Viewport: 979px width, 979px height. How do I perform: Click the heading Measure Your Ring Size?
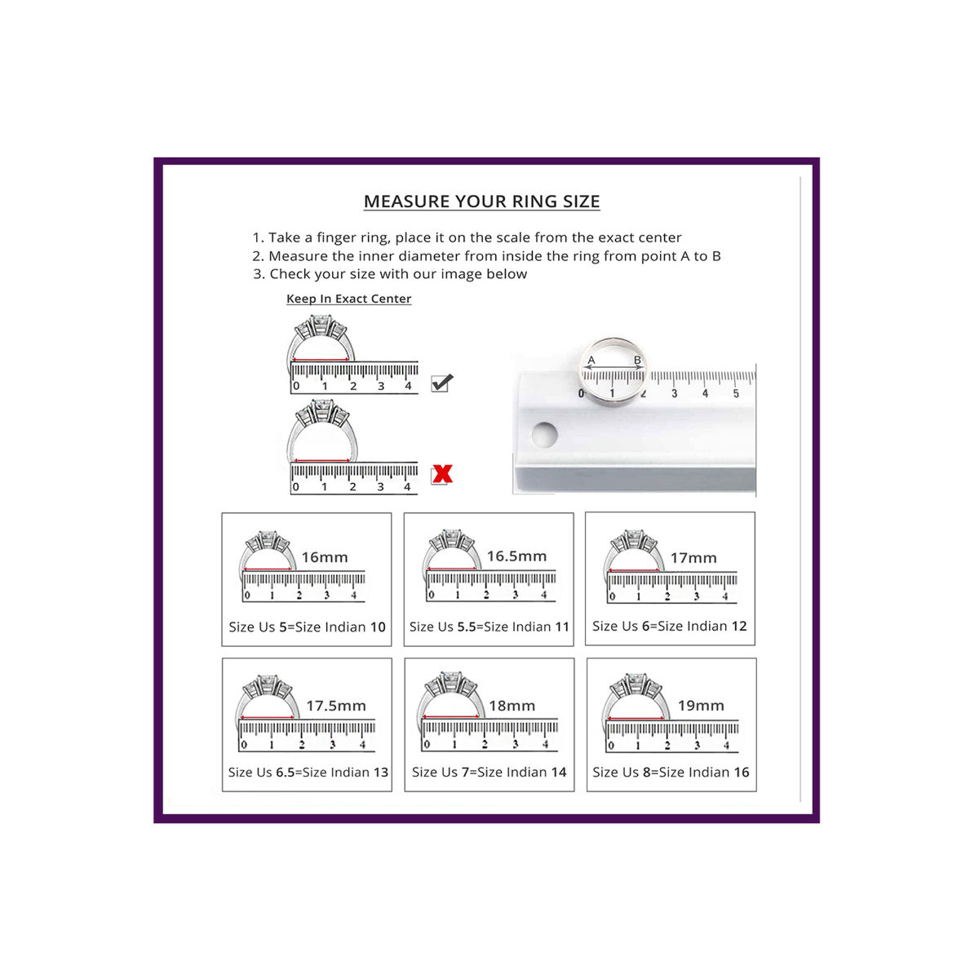point(481,202)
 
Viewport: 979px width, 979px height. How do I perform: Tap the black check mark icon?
point(442,382)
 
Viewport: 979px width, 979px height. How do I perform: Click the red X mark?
point(442,473)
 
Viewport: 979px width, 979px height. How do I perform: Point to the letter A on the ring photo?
point(591,361)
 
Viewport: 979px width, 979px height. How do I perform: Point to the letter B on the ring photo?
point(637,361)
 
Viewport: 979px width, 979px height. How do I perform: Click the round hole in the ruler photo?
point(544,435)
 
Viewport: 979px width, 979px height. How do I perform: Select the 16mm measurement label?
point(325,557)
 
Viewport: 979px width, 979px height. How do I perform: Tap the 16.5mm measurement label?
point(516,556)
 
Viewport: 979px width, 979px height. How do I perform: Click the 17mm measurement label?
point(693,558)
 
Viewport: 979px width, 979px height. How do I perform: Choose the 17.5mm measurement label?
point(336,706)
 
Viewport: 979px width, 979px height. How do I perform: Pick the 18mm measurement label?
point(512,706)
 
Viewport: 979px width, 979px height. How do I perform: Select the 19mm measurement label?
point(701,705)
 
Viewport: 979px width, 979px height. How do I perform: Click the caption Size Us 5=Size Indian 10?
point(307,627)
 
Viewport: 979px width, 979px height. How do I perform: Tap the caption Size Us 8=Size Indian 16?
point(671,773)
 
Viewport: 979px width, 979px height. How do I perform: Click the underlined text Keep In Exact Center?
point(348,299)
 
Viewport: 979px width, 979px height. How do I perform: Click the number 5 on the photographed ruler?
point(736,393)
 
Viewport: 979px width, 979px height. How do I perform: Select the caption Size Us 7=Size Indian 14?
point(489,773)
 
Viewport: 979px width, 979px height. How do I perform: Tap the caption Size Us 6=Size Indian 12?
point(669,626)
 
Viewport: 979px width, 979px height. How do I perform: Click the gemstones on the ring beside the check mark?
point(321,326)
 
